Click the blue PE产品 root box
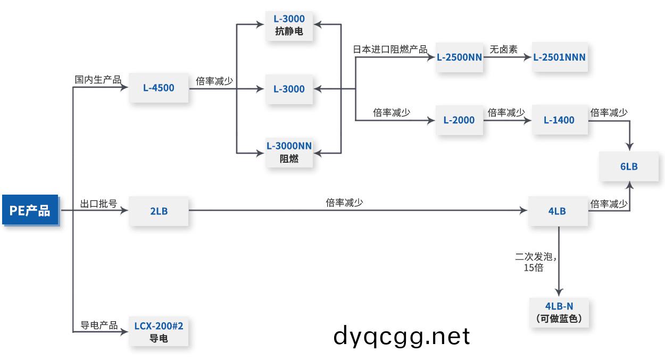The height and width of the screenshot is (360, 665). (x=30, y=211)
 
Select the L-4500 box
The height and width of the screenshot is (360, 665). (x=159, y=88)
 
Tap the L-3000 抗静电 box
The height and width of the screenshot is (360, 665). (x=289, y=26)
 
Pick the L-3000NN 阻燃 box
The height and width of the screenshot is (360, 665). (x=289, y=152)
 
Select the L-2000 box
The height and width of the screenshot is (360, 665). (x=459, y=120)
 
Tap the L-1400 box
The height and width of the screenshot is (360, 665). (x=559, y=120)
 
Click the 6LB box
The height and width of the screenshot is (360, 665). (x=629, y=166)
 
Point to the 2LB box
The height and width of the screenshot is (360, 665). (x=159, y=211)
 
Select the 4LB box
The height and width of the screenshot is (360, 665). (x=557, y=211)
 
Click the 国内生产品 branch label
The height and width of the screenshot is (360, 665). (x=98, y=80)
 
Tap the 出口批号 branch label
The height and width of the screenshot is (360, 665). (x=98, y=204)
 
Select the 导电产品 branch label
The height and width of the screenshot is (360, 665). (x=99, y=325)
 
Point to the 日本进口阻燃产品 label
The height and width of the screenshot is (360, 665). (x=390, y=49)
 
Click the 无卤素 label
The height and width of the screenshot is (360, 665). (x=503, y=49)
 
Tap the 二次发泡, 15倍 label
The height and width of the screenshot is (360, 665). (x=535, y=262)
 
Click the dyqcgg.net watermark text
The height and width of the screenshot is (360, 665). (x=402, y=336)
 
